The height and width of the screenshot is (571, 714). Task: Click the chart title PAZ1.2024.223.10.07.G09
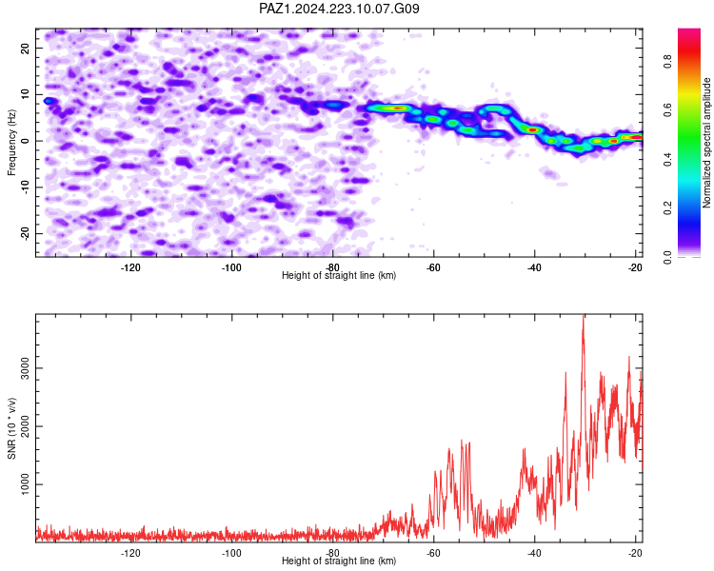339,9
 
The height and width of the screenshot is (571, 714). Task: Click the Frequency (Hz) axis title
11,143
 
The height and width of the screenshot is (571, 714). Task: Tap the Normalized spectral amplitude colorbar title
706,143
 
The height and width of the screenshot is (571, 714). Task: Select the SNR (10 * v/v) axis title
11,428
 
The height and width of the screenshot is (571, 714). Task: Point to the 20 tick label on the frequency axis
26,48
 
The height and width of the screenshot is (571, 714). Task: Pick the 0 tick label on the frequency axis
26,141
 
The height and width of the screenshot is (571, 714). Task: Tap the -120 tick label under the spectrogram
130,267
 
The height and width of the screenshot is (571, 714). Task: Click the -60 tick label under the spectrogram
433,267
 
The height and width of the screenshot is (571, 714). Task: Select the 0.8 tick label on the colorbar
668,61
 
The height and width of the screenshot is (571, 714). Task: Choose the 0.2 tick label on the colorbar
668,207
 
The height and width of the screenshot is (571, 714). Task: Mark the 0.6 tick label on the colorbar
668,109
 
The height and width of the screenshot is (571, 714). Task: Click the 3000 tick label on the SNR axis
26,368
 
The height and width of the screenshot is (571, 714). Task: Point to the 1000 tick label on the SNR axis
26,484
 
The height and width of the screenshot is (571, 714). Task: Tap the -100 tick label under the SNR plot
231,553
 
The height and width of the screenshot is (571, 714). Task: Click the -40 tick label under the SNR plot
534,553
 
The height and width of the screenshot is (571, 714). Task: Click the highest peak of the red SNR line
584,316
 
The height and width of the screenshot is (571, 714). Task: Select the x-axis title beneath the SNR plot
339,561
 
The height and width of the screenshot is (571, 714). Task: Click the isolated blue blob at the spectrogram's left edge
49,101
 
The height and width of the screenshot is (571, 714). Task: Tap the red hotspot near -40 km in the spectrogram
533,129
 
